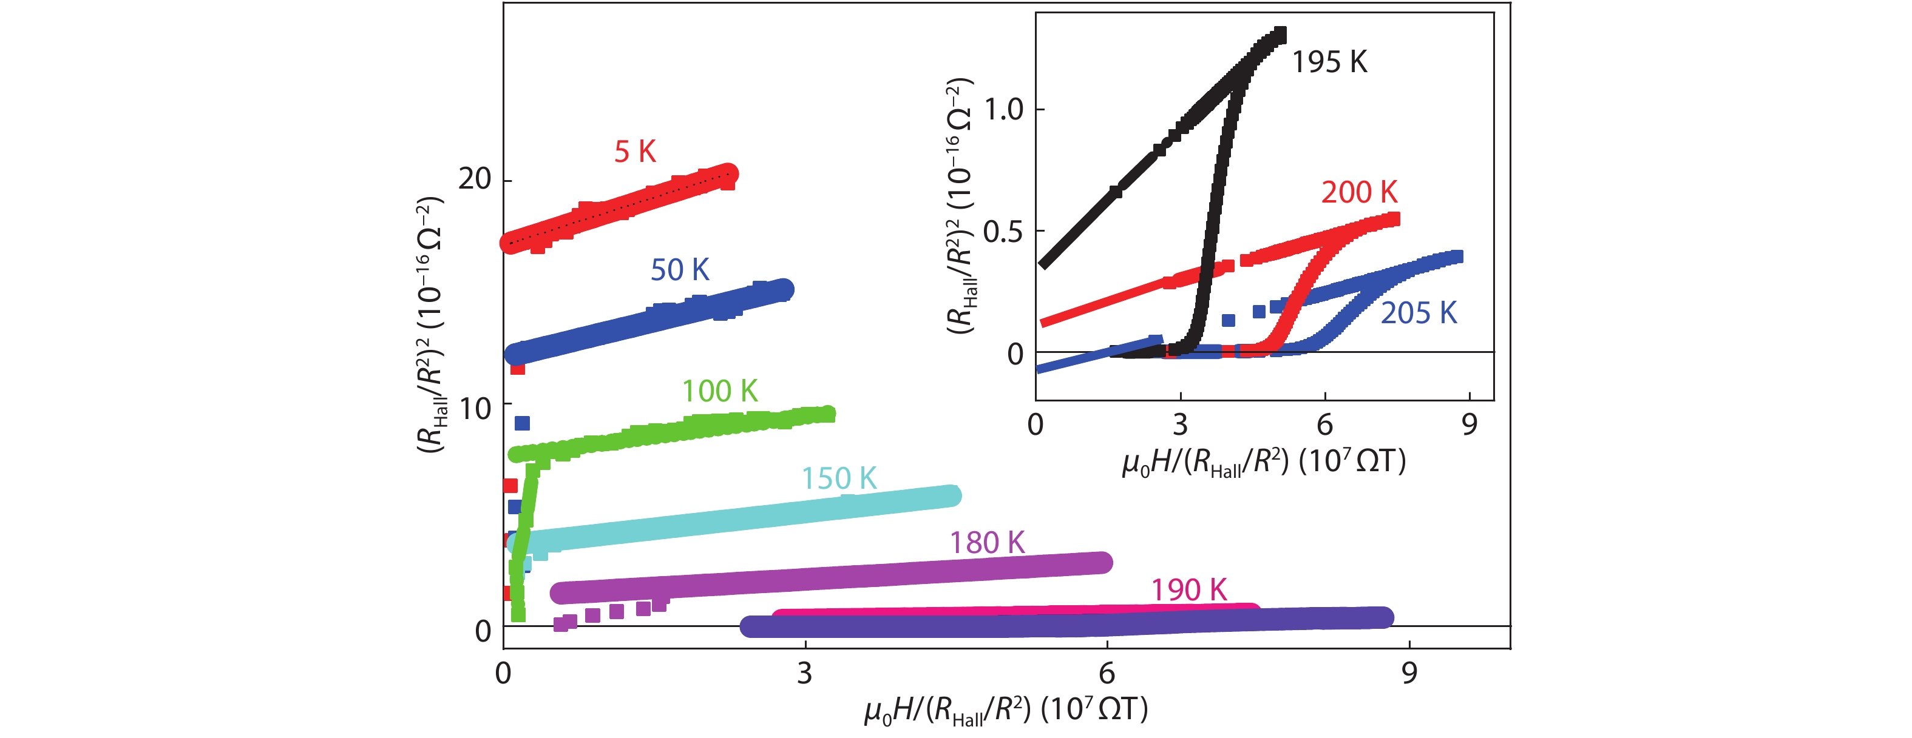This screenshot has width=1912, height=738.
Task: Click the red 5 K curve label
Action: (635, 152)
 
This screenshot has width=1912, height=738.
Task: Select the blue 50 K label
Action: (679, 270)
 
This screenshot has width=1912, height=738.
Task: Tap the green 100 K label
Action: (719, 391)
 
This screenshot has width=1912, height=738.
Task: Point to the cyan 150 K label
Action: (839, 478)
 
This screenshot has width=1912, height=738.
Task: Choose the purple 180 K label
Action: (987, 543)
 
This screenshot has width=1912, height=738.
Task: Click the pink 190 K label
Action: (1188, 591)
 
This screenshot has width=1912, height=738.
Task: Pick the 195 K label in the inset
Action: (1329, 62)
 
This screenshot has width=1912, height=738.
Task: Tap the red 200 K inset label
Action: (1359, 193)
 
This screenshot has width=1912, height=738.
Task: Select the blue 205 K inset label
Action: (1419, 313)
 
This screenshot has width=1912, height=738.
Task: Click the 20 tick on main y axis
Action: (475, 179)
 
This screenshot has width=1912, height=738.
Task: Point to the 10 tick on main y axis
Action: (475, 409)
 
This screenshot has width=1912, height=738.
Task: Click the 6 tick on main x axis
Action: (1107, 674)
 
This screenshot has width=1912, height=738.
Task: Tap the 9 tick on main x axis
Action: (1409, 674)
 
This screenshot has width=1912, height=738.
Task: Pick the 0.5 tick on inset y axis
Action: (1003, 232)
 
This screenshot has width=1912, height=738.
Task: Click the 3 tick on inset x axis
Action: (1180, 425)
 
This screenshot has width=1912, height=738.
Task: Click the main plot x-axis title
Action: (1006, 710)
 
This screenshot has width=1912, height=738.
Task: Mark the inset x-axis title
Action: (1263, 462)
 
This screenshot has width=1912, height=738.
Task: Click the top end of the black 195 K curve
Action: (1279, 34)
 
